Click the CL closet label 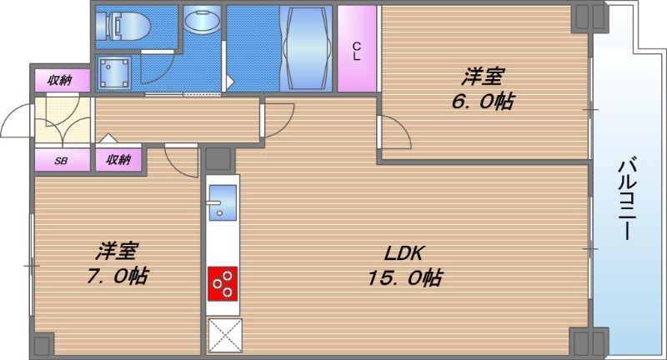357,51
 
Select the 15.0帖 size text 405,277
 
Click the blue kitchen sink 222,200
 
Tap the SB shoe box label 61,160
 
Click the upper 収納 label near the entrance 59,80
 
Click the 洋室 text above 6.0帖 484,77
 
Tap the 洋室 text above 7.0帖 117,250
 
